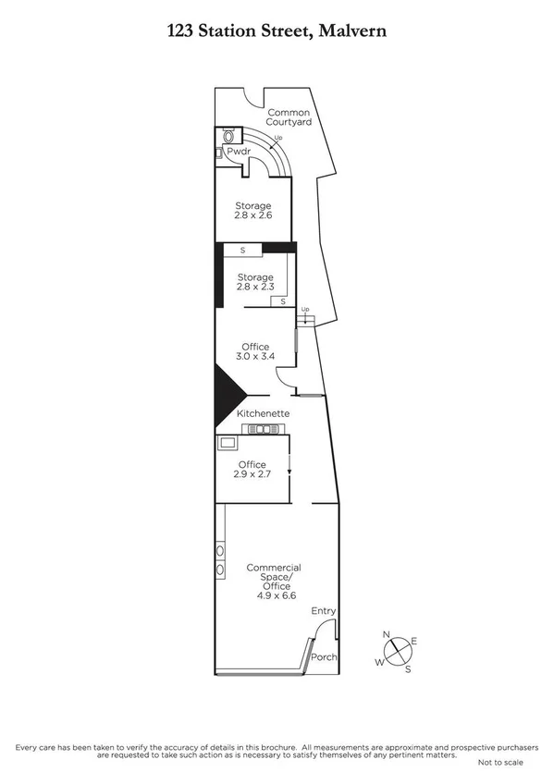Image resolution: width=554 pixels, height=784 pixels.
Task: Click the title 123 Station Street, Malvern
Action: [277, 31]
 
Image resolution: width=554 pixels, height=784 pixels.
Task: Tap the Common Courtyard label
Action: [289, 116]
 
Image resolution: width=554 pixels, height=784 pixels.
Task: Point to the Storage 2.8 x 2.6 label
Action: [252, 211]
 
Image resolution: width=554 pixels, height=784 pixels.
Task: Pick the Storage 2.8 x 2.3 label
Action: [254, 283]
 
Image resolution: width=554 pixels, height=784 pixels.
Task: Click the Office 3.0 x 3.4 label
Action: [255, 352]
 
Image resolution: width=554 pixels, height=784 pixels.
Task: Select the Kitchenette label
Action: [265, 412]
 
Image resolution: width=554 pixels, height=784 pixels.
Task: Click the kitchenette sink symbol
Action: [267, 429]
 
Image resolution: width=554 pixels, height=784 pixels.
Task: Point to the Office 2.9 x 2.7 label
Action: [252, 470]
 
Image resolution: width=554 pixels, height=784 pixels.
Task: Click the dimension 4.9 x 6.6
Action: [276, 596]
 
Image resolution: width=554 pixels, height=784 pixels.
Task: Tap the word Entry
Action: [323, 611]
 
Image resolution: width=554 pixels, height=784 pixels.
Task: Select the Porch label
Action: [324, 658]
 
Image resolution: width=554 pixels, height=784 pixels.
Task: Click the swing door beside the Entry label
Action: [322, 632]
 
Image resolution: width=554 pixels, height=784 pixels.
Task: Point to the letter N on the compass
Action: [388, 634]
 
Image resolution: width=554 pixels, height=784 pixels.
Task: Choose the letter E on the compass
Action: [414, 641]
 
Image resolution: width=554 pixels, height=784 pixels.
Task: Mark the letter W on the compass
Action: [378, 662]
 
